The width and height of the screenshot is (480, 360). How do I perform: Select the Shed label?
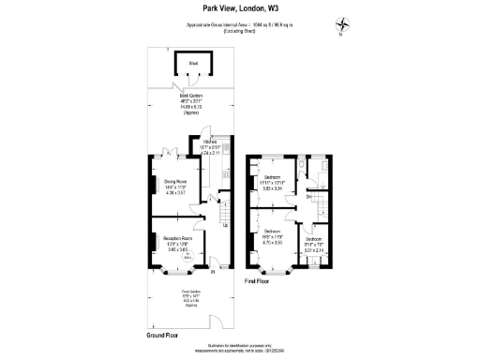(x=191, y=64)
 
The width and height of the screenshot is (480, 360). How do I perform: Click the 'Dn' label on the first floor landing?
(x=308, y=196)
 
